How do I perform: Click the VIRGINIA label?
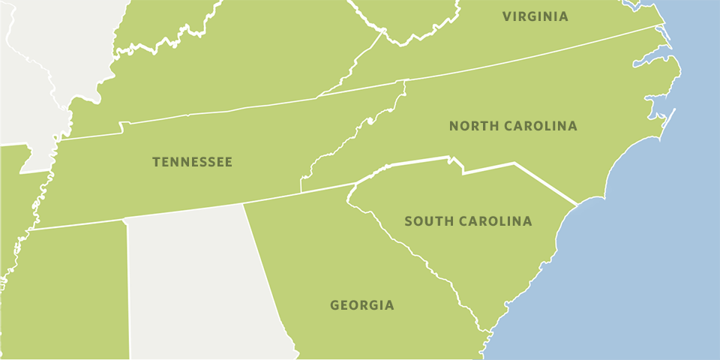535,16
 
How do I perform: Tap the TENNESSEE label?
192,162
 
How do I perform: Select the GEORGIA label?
361,305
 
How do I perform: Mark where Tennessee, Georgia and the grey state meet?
243,203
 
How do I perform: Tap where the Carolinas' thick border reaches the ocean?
577,203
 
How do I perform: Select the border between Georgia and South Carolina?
420,259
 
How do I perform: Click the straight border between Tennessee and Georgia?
300,193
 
